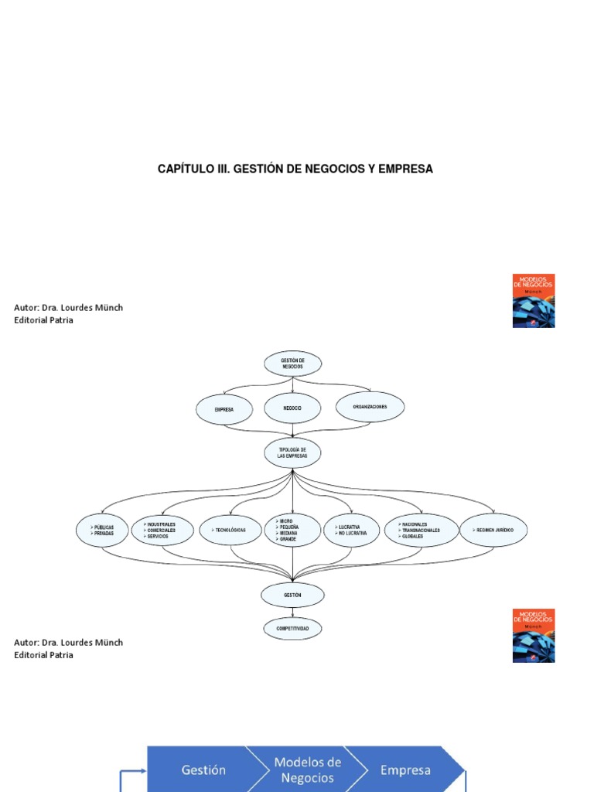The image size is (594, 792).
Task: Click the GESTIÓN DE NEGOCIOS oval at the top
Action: [292, 363]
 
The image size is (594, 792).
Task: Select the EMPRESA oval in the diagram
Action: [224, 408]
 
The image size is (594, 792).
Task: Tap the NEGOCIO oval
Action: [292, 408]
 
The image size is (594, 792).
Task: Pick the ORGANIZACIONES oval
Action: [370, 406]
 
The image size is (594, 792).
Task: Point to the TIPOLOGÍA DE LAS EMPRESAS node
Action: [292, 453]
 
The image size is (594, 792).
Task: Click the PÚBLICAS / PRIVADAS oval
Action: [102, 530]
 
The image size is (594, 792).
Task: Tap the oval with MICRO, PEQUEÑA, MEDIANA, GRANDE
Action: [292, 530]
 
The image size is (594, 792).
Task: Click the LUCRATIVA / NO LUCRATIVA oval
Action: [351, 530]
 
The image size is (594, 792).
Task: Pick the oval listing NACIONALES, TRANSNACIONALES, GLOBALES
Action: [421, 530]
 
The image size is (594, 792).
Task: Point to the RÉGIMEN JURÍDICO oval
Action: [495, 530]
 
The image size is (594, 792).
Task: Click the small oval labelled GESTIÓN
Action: [292, 595]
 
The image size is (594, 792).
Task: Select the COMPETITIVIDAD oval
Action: [292, 629]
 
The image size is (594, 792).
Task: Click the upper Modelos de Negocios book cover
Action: [534, 300]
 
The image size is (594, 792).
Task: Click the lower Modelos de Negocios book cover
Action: [534, 635]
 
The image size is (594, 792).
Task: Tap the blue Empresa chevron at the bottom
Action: [405, 770]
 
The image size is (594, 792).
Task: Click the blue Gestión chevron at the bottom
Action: [203, 770]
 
